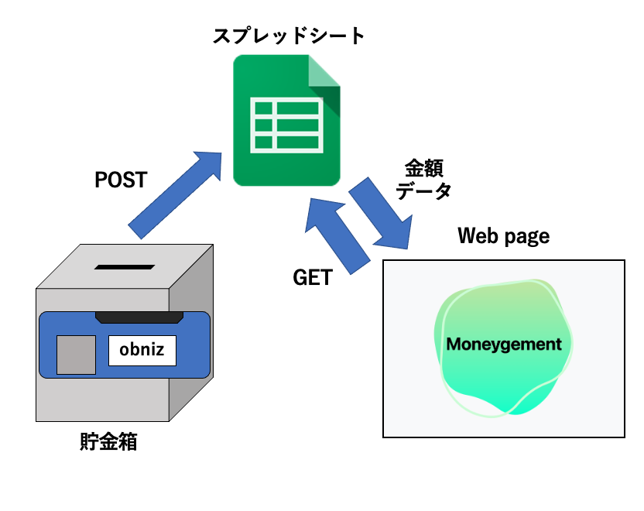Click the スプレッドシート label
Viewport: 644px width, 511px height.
(x=288, y=36)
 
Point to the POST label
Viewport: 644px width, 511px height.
(x=121, y=180)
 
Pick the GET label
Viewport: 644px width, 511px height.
(x=313, y=277)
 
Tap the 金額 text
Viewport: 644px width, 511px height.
(x=424, y=170)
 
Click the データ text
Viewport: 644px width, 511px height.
(x=424, y=191)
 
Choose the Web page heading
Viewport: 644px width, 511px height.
(x=504, y=235)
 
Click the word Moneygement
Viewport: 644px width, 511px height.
(x=504, y=344)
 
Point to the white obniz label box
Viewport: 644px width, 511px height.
(x=142, y=351)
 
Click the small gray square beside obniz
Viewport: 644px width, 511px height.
(x=76, y=355)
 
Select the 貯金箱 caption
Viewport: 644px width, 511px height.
(x=108, y=442)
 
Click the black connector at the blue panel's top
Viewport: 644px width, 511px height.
(x=139, y=317)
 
